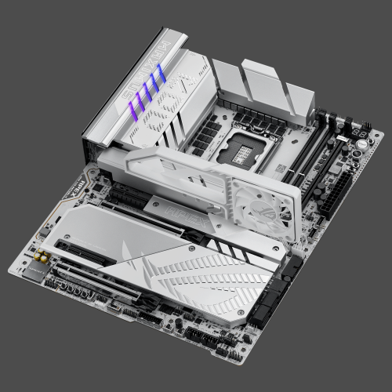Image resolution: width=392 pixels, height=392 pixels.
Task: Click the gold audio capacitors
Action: pyautogui.click(x=38, y=257)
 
